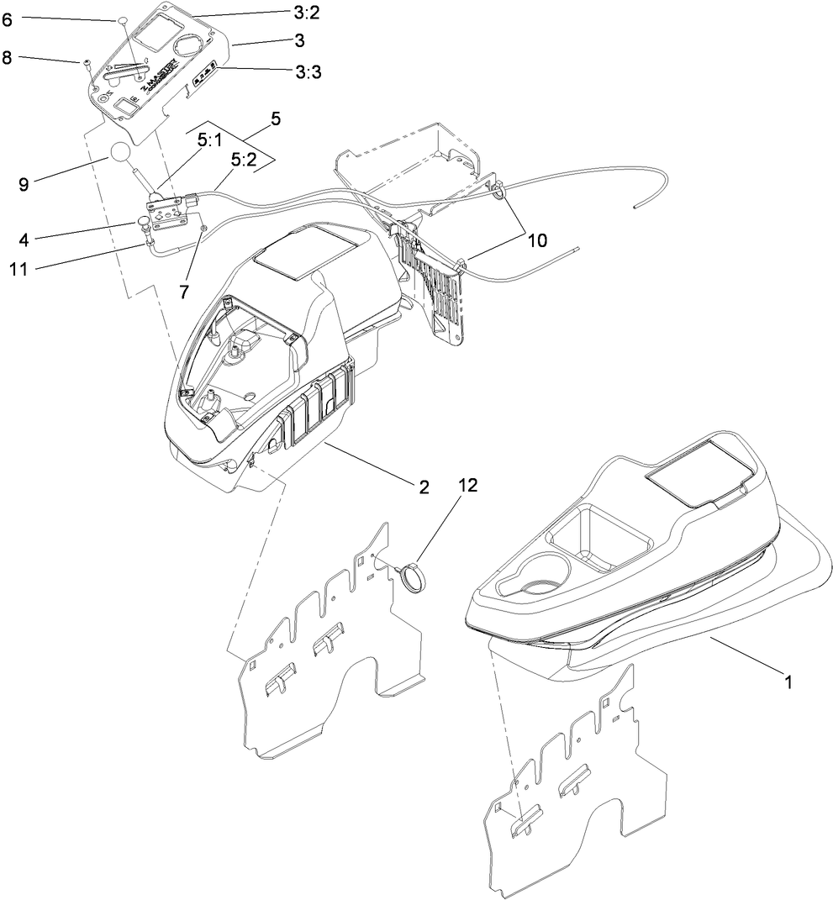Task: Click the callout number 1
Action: coord(788,683)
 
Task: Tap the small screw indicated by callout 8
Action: coord(87,63)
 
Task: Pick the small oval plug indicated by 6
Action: coord(121,18)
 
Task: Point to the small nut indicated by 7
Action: coord(202,228)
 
